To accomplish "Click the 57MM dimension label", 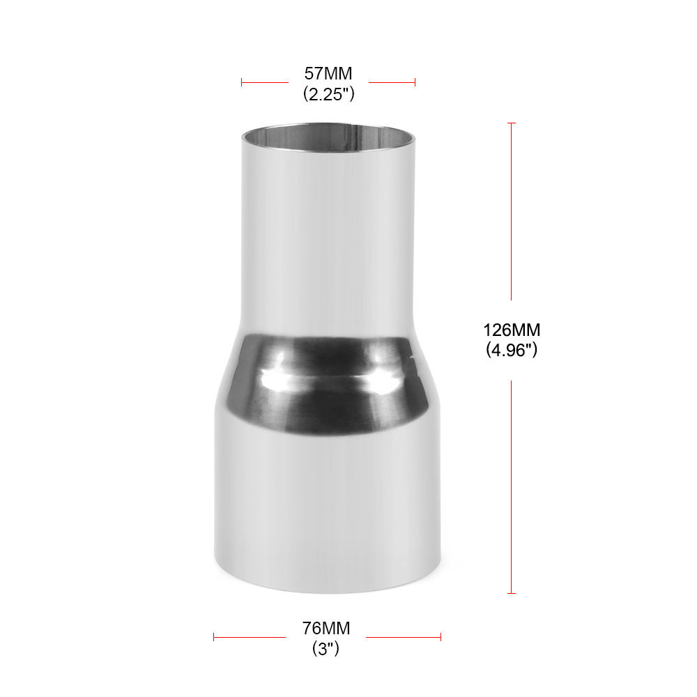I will [328, 73].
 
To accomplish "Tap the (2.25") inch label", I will [328, 93].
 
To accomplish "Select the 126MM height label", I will [511, 330].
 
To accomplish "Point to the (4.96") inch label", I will [511, 350].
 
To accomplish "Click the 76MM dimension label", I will [326, 628].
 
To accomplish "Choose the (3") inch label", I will [326, 649].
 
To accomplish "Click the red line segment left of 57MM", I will [265, 82].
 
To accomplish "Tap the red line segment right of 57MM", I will [392, 82].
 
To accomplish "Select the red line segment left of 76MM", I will [250, 636].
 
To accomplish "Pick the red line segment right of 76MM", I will [404, 636].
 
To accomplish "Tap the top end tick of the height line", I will [512, 123].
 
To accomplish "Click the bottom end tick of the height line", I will [512, 593].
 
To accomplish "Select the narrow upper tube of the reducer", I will [328, 230].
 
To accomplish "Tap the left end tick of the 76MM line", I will [214, 636].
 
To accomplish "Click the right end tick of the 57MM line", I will [415, 82].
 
